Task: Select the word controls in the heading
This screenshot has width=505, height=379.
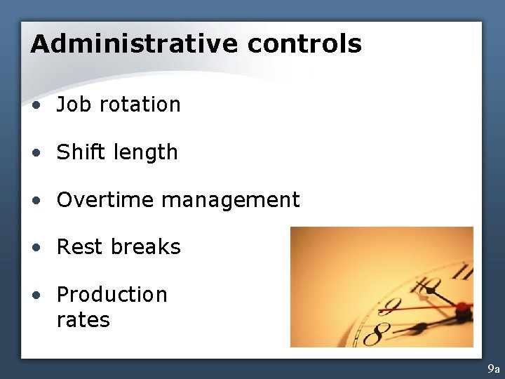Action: (304, 44)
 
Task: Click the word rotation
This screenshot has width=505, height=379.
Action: (140, 105)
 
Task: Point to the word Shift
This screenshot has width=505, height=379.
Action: (78, 152)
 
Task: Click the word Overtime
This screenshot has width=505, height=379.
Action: (105, 200)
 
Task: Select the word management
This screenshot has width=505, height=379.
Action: (231, 201)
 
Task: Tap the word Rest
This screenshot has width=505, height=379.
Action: (77, 247)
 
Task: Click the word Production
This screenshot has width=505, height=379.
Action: (112, 295)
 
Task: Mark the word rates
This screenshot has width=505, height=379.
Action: (83, 320)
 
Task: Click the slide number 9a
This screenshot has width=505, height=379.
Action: (494, 368)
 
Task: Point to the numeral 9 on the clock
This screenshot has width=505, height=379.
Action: (390, 305)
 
